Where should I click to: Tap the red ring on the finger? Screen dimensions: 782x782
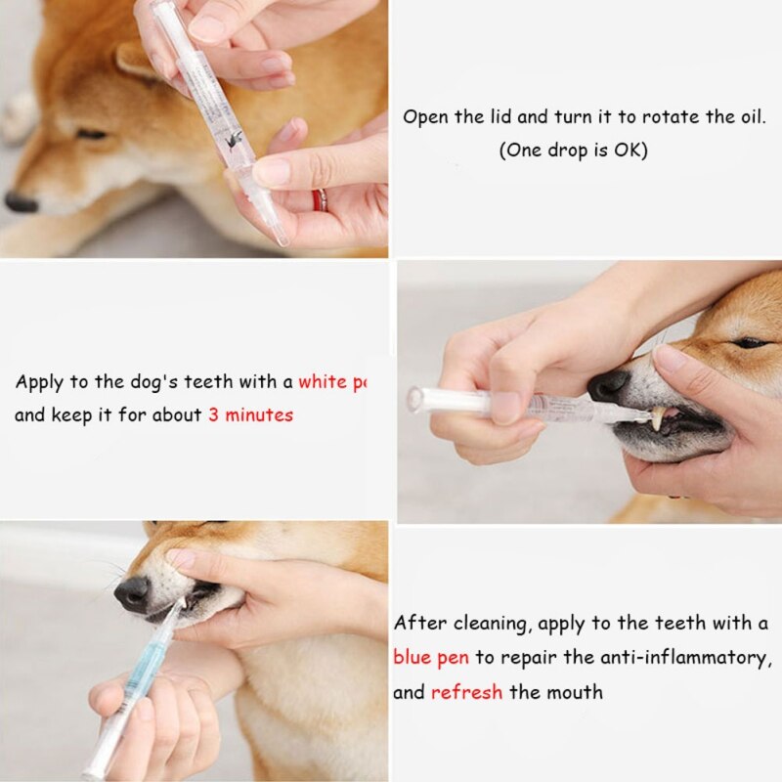coord(318,199)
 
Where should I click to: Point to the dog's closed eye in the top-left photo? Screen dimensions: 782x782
coord(93,134)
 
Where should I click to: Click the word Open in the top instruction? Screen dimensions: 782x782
coord(425,116)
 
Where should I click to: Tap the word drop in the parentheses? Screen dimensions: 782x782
coord(564,151)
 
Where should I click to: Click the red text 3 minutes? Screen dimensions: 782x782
coord(250,414)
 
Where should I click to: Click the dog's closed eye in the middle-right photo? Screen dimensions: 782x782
coord(751,342)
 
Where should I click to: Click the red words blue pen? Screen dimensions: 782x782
coord(431,657)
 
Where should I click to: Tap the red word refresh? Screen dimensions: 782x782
coord(466,692)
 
